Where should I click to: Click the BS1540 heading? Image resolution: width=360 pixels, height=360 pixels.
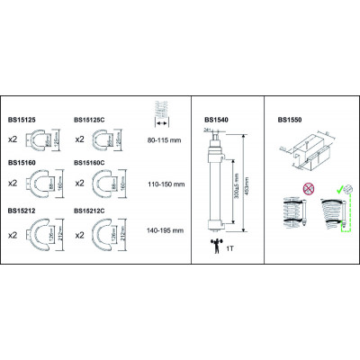click(217, 118)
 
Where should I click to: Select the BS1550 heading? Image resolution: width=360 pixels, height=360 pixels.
click(289, 118)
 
